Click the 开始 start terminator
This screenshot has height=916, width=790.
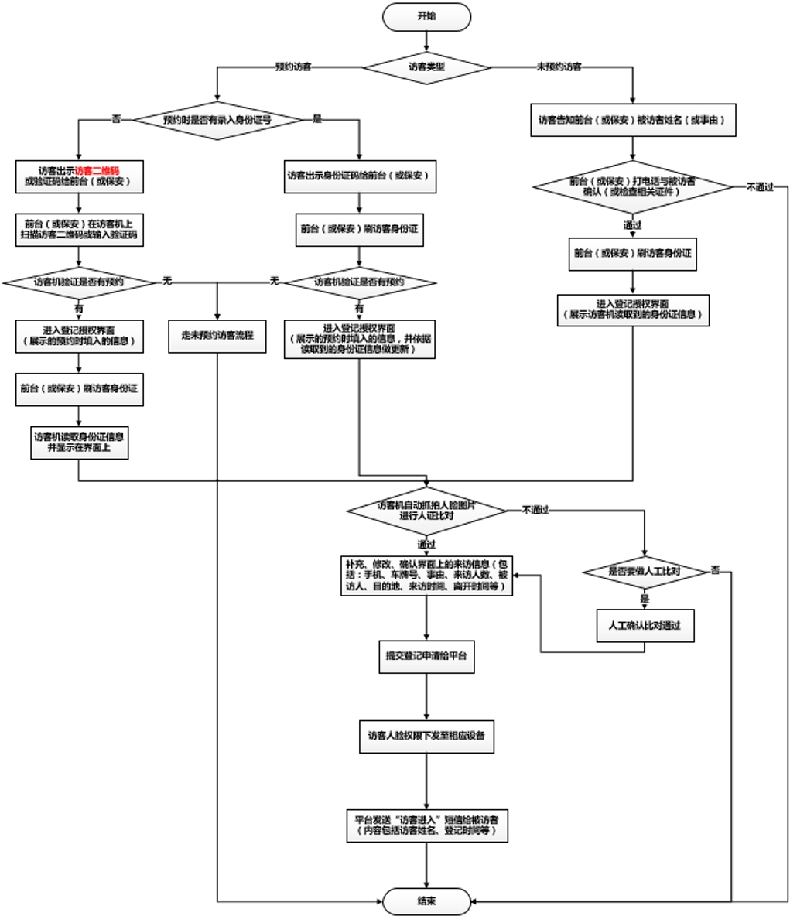(426, 16)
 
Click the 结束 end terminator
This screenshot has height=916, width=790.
(426, 901)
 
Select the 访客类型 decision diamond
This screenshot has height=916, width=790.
(426, 67)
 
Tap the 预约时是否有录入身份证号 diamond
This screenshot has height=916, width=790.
(217, 120)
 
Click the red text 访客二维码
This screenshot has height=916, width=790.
(97, 170)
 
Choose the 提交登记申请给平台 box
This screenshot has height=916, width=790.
(426, 656)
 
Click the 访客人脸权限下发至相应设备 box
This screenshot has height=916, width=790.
(426, 736)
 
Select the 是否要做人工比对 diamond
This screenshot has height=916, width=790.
(645, 572)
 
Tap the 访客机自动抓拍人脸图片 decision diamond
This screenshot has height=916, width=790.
(426, 510)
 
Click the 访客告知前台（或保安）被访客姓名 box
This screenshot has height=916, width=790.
(632, 121)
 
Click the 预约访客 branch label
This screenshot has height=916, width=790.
(293, 67)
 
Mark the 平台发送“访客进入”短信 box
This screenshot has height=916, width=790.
(426, 825)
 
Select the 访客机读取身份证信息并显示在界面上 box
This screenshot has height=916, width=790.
(79, 443)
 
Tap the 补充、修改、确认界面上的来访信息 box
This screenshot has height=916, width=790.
(426, 576)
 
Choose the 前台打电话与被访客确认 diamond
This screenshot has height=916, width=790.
(632, 186)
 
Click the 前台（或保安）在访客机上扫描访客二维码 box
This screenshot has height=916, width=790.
(79, 229)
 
